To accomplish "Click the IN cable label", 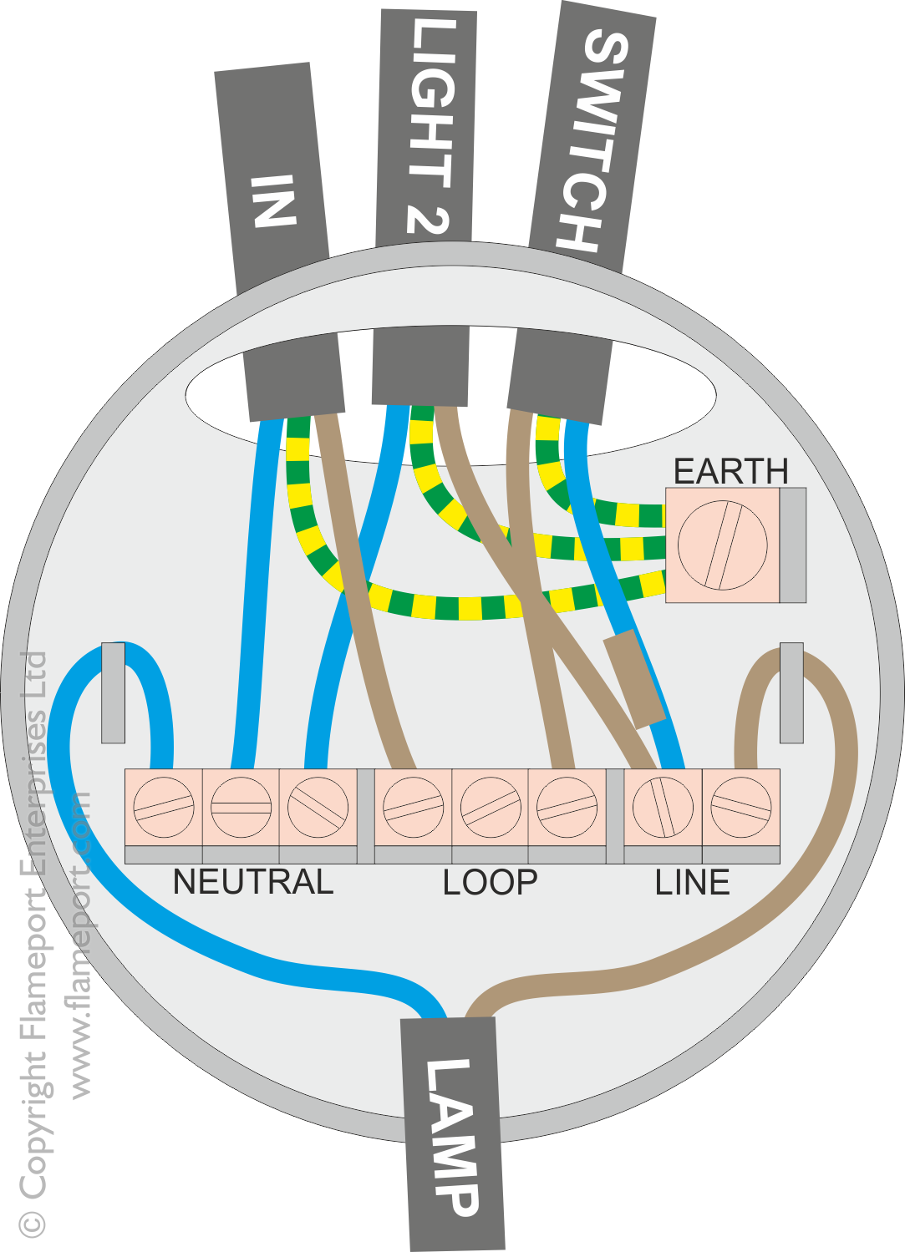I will pos(273,200).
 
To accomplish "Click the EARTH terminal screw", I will pos(722,545).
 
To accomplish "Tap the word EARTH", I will pos(730,472).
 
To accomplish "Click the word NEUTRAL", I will pos(252,883).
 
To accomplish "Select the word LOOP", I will pos(490,883).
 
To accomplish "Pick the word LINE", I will pos(692,883).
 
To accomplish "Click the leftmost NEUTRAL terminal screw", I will pos(164,807).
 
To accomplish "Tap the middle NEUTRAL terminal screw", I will pos(241,807).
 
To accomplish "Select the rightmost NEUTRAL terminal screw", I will pos(318,807).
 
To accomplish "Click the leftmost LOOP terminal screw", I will pos(413,807).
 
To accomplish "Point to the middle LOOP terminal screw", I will pos(490,807).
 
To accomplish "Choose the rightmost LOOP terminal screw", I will pos(567,807).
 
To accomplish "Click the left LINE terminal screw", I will pos(663,807).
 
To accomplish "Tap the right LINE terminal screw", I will pos(740,807).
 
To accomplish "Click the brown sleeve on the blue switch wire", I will pos(634,678).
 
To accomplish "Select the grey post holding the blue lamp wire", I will pos(113,692).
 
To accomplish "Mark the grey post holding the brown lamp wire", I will pos(791,692).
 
